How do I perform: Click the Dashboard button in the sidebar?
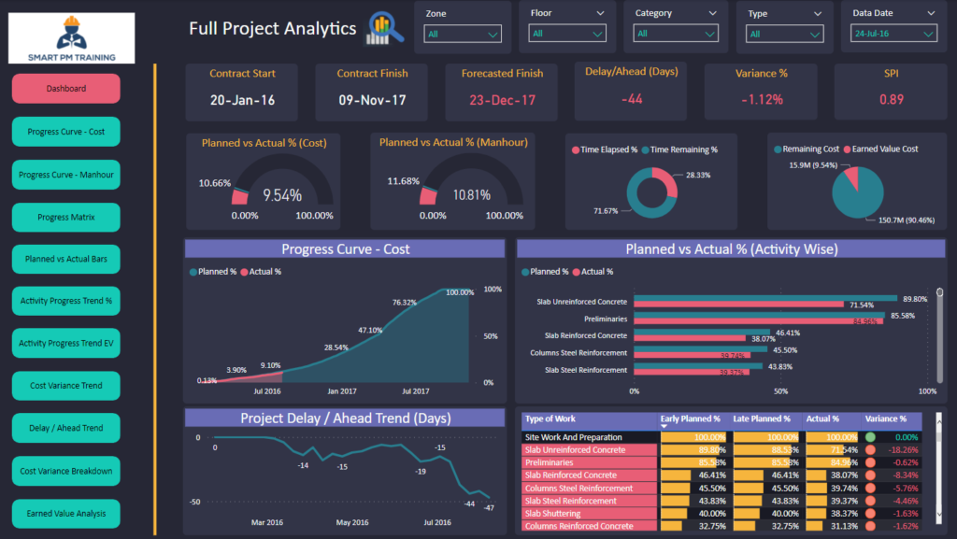tap(65, 89)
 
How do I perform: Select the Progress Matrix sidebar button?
tap(65, 217)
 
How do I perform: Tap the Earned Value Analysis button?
tap(65, 513)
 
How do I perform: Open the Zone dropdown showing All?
tap(463, 35)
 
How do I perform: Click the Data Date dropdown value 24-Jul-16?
tap(893, 34)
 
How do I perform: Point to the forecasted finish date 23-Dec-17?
tap(502, 100)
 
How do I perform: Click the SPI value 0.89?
tap(892, 100)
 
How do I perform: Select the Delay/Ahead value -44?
tap(632, 99)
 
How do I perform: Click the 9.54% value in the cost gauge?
tap(281, 195)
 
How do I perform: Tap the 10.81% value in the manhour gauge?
tap(471, 195)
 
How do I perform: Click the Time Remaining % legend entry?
tap(683, 149)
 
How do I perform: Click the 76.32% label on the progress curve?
tap(405, 302)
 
